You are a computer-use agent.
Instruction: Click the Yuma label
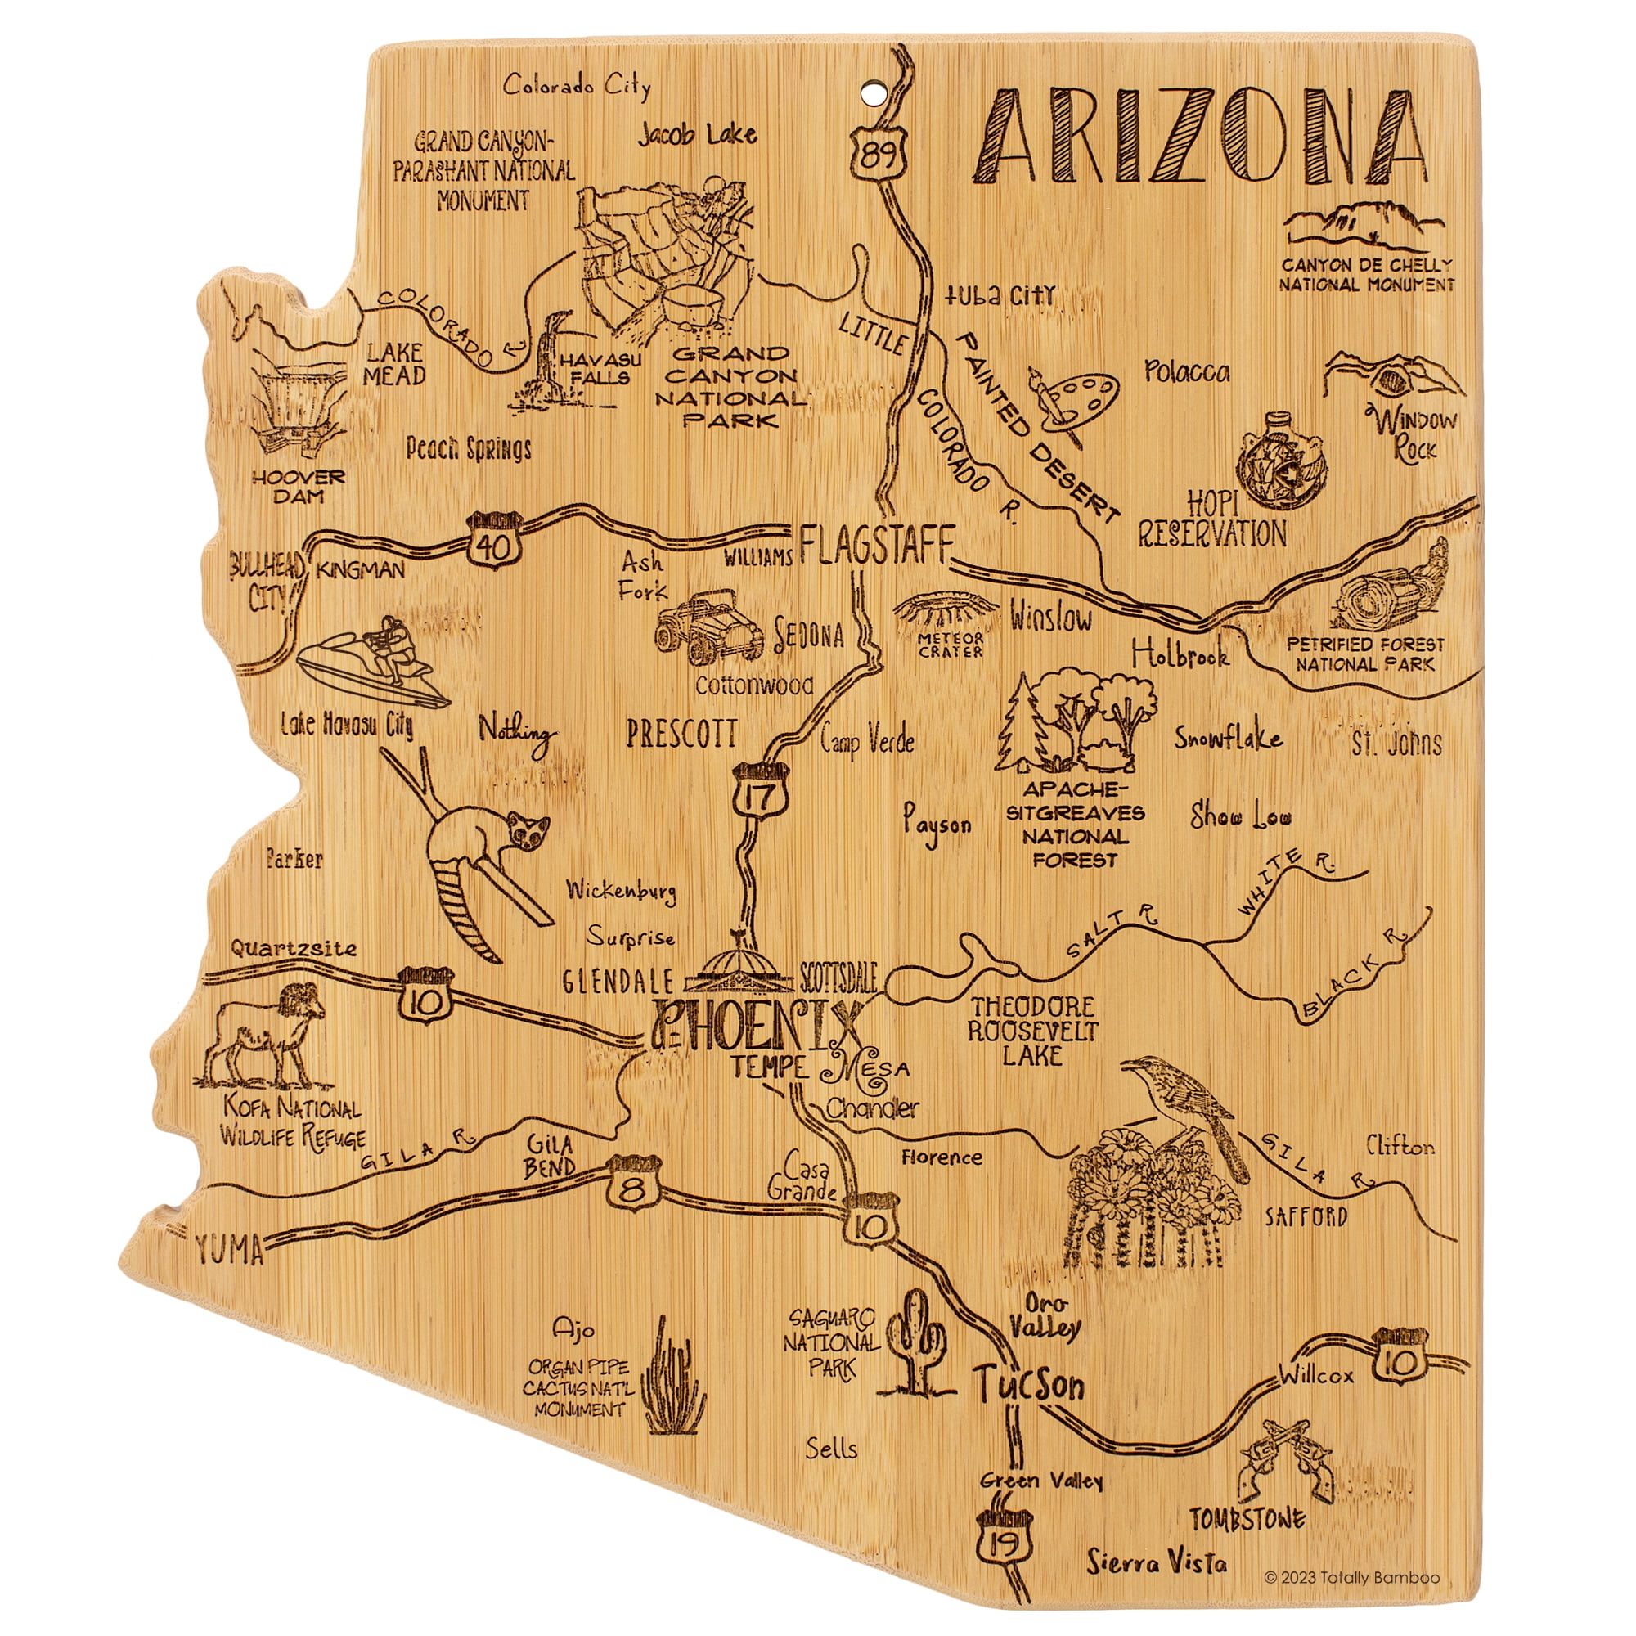pos(229,1250)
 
